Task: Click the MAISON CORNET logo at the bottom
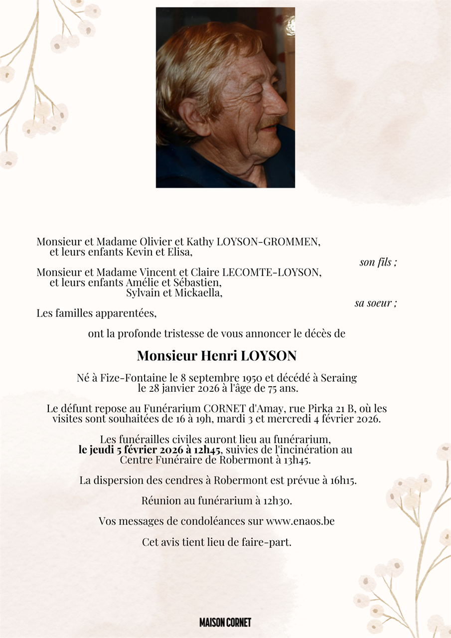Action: tap(225, 623)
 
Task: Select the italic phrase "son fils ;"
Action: tap(378, 262)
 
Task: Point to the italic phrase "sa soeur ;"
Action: tap(376, 303)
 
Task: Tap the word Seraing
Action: tap(339, 378)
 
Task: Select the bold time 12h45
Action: tap(204, 450)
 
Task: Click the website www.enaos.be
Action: tap(300, 521)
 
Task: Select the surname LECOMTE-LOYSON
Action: tap(272, 273)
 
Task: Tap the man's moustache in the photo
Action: tap(271, 121)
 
